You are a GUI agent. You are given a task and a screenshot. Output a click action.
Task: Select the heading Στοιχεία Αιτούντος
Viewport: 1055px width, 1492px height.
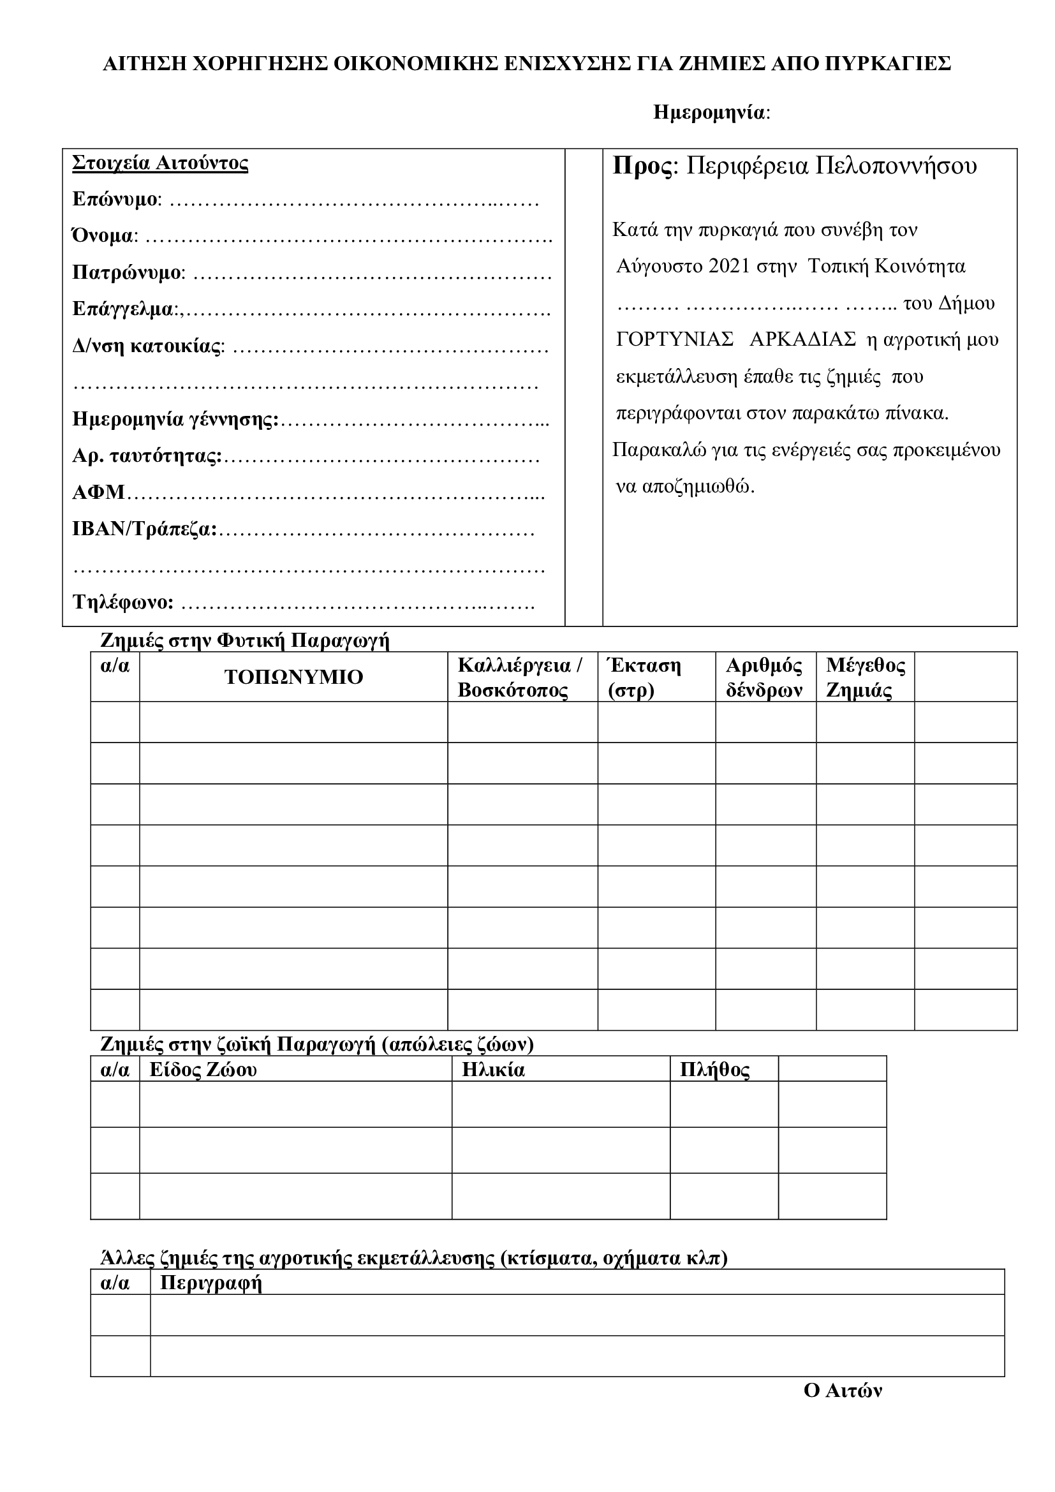(x=160, y=163)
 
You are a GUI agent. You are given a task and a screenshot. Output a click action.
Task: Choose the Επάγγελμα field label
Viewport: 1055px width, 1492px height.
(x=125, y=309)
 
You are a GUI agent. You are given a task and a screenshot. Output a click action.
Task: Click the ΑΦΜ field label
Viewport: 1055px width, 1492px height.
(x=99, y=492)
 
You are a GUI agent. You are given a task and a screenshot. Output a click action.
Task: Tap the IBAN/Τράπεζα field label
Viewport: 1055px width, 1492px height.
(x=144, y=529)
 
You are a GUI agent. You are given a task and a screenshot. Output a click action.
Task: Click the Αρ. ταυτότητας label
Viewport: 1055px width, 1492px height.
(x=146, y=456)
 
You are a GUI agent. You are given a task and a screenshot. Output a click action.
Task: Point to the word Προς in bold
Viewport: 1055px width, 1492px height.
(x=642, y=166)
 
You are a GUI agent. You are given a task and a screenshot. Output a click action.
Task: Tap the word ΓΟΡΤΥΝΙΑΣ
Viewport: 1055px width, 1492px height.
(x=674, y=340)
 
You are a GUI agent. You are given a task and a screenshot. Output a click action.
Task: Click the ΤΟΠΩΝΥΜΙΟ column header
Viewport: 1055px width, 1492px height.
(x=293, y=678)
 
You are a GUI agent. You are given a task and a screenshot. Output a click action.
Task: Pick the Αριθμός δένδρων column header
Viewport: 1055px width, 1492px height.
(x=764, y=678)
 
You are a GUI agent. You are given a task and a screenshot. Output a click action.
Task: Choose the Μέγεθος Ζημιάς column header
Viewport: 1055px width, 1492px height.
(x=865, y=678)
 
